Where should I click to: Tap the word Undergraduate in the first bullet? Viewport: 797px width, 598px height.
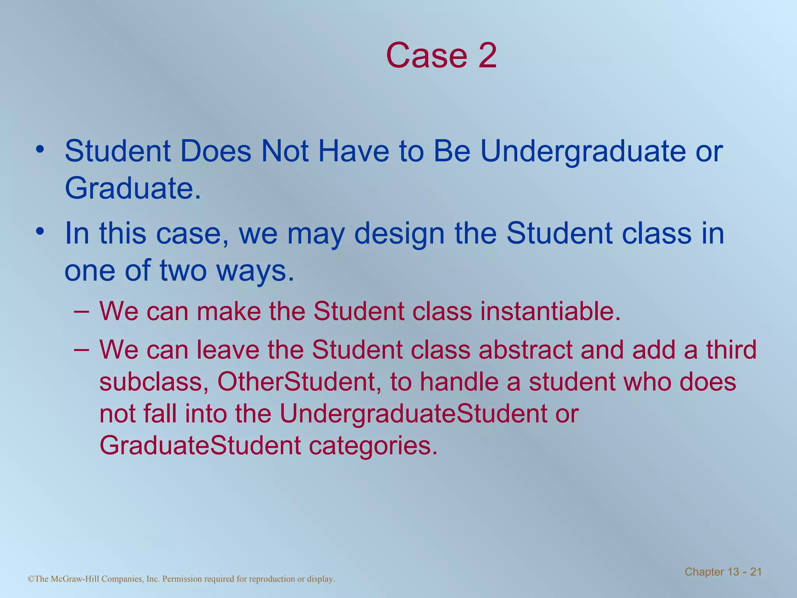click(583, 152)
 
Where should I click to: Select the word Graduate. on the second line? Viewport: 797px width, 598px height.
click(133, 188)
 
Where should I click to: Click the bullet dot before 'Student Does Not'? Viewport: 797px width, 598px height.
click(39, 150)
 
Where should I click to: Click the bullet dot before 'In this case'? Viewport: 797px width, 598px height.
click(39, 232)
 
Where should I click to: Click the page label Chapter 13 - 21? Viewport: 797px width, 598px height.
click(723, 572)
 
